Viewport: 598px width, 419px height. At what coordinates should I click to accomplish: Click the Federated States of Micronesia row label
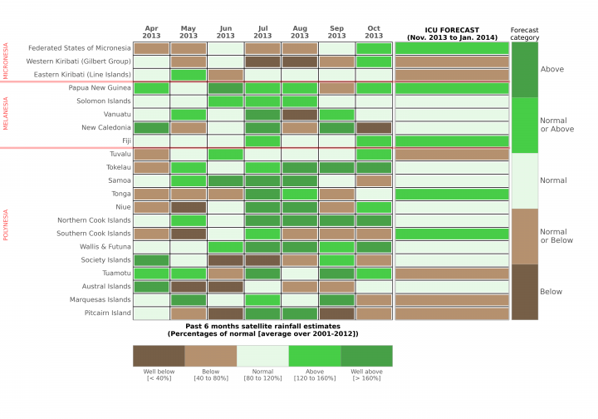(80, 48)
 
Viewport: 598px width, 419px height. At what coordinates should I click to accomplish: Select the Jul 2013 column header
(262, 32)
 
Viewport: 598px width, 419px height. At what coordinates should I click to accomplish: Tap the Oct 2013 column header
(374, 32)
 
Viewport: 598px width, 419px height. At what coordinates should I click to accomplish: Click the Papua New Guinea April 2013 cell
(150, 88)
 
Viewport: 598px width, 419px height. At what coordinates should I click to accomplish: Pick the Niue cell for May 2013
(189, 207)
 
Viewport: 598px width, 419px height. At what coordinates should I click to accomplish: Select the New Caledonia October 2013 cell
(374, 128)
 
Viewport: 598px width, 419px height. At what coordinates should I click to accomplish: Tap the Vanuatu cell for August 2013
(300, 115)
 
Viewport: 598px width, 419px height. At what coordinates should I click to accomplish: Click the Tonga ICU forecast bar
(451, 194)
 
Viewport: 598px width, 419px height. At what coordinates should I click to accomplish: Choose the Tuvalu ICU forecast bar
(451, 155)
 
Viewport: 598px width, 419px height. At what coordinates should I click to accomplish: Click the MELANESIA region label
(6, 115)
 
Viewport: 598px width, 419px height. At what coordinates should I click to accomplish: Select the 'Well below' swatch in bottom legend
(159, 356)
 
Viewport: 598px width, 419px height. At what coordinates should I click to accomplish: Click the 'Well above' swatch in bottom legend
(366, 356)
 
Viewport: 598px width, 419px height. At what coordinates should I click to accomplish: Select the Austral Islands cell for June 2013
(225, 287)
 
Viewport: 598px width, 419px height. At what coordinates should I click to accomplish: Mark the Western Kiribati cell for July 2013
(262, 62)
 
